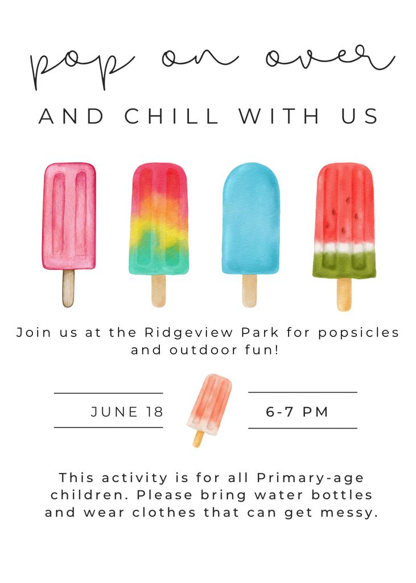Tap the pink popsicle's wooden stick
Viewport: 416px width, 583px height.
point(68,288)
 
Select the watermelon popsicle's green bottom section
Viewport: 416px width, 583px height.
point(344,265)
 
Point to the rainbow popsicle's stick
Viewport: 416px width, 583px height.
point(158,290)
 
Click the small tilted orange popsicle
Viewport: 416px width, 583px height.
point(209,409)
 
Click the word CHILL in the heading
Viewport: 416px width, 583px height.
point(171,116)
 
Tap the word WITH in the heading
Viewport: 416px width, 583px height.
point(279,116)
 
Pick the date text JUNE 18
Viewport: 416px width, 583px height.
point(127,412)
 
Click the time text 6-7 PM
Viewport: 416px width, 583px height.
point(297,412)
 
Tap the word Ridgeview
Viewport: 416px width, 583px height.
point(189,332)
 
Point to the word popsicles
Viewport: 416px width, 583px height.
point(359,332)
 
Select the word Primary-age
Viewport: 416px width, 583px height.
point(310,478)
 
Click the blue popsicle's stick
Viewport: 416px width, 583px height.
point(249,290)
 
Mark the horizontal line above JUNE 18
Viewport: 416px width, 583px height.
point(109,393)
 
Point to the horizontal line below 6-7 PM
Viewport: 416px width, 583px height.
point(303,428)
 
